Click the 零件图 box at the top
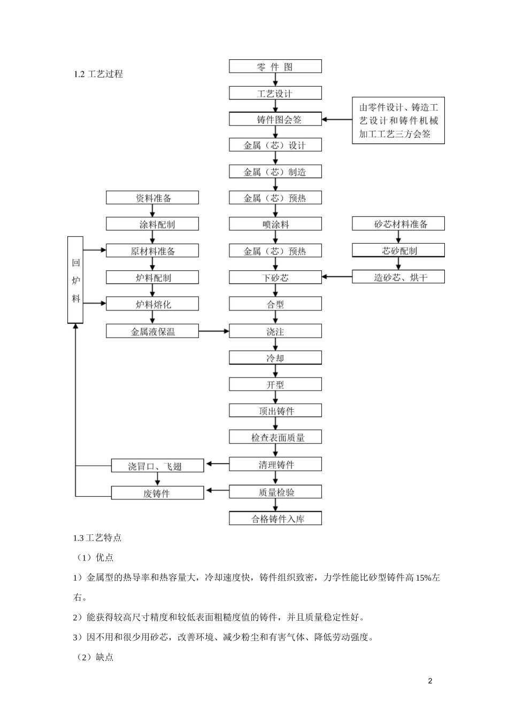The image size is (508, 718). tap(275, 66)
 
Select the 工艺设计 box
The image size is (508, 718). tap(275, 93)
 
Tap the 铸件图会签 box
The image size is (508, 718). tap(275, 119)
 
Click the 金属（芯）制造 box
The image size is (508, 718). tap(275, 171)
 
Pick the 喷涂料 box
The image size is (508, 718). tap(275, 224)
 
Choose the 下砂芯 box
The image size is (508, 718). tap(275, 277)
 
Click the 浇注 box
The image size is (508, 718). tap(275, 331)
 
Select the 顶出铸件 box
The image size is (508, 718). tap(275, 411)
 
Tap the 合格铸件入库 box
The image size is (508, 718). tap(275, 518)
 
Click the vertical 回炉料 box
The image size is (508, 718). tap(75, 280)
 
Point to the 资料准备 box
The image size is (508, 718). tap(152, 198)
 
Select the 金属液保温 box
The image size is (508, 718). tap(152, 331)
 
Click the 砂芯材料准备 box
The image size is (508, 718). tap(398, 224)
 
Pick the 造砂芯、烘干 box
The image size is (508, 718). tap(398, 277)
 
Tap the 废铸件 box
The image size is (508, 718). tap(158, 493)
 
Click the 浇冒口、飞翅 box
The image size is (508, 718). tap(158, 466)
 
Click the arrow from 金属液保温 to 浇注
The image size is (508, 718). tap(214, 331)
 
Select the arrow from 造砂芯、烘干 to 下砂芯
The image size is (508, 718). tap(337, 277)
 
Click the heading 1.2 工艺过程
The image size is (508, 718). tap(98, 74)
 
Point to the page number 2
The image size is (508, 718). tap(431, 681)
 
